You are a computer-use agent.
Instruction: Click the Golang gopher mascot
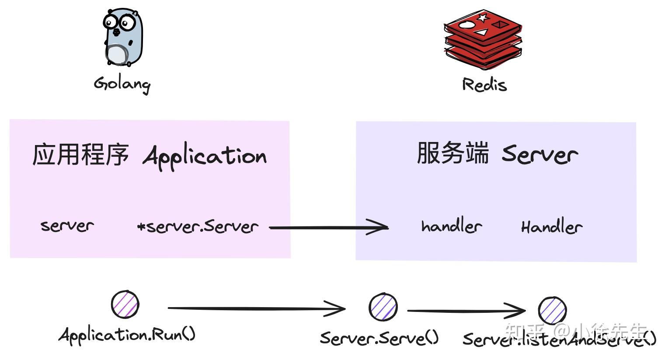pyautogui.click(x=123, y=38)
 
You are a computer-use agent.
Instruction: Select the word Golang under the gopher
pyautogui.click(x=122, y=83)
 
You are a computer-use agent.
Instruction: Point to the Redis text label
pyautogui.click(x=484, y=84)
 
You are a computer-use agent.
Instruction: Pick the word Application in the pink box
pyautogui.click(x=205, y=156)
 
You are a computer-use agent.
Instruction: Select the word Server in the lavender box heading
pyautogui.click(x=540, y=154)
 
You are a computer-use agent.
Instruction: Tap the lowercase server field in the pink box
pyautogui.click(x=67, y=226)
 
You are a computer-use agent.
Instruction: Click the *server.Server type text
pyautogui.click(x=198, y=227)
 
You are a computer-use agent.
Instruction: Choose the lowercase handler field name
pyautogui.click(x=451, y=226)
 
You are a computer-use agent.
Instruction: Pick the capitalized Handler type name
pyautogui.click(x=551, y=227)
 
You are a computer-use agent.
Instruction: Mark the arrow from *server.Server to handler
pyautogui.click(x=328, y=228)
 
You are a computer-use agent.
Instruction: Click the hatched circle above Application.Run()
pyautogui.click(x=125, y=304)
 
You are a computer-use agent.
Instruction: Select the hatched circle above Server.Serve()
pyautogui.click(x=383, y=307)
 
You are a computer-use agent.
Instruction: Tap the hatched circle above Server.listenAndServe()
pyautogui.click(x=552, y=310)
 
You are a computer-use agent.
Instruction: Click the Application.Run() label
pyautogui.click(x=127, y=335)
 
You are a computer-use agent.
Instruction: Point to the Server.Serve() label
pyautogui.click(x=379, y=338)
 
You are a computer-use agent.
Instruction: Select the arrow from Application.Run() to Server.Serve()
pyautogui.click(x=256, y=309)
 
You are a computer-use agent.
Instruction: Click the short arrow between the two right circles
pyautogui.click(x=466, y=311)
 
